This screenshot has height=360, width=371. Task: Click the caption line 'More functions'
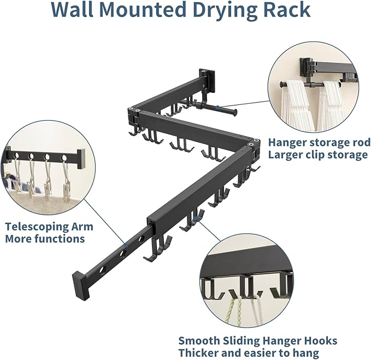pos(45,239)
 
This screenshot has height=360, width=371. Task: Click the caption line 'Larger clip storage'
pos(317,155)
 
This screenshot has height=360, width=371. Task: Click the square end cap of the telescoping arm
pos(79,276)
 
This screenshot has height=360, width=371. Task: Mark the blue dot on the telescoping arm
pos(125,247)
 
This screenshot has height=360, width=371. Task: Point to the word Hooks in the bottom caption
pos(321,341)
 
